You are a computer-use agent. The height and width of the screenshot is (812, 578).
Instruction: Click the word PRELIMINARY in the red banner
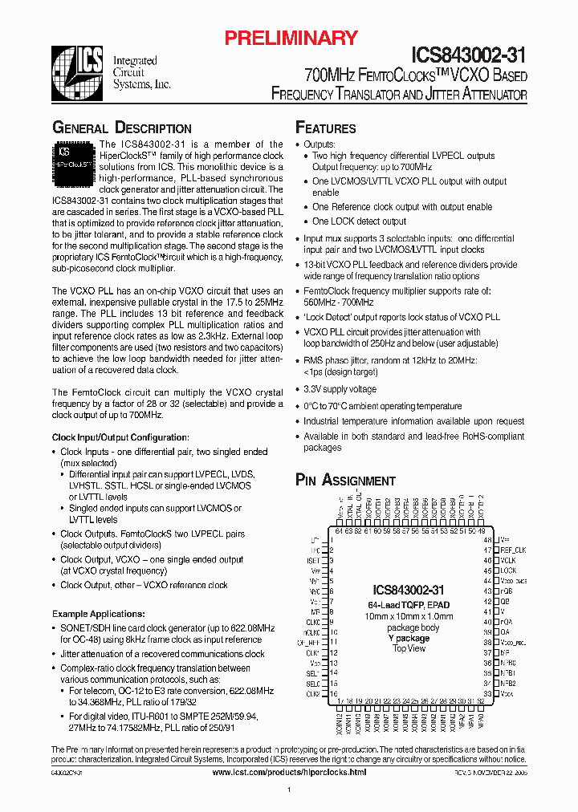pos(291,37)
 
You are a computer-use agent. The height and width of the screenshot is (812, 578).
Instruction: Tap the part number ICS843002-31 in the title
pos(469,55)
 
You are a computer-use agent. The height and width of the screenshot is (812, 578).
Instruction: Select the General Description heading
pos(121,128)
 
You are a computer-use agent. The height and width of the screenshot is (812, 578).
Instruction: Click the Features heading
pos(326,128)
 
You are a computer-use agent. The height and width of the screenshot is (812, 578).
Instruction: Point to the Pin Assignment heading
pos(345,481)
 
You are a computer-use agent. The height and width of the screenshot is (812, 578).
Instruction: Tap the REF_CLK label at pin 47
pos(514,550)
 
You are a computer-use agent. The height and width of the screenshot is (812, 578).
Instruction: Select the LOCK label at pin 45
pos(508,570)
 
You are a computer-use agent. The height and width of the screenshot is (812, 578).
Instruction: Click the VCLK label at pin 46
pos(508,560)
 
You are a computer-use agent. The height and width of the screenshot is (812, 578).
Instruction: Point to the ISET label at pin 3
pos(314,560)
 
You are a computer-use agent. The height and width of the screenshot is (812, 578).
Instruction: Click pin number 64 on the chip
pos(339,530)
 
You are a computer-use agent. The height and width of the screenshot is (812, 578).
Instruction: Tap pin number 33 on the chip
pos(486,693)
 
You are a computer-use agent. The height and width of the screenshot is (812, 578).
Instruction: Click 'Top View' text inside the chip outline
pos(409,648)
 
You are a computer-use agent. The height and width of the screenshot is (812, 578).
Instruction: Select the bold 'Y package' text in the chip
pos(409,639)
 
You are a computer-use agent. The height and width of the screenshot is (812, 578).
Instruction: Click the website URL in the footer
pos(289,772)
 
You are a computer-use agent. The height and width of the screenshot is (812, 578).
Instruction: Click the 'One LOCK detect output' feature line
pos(359,221)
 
